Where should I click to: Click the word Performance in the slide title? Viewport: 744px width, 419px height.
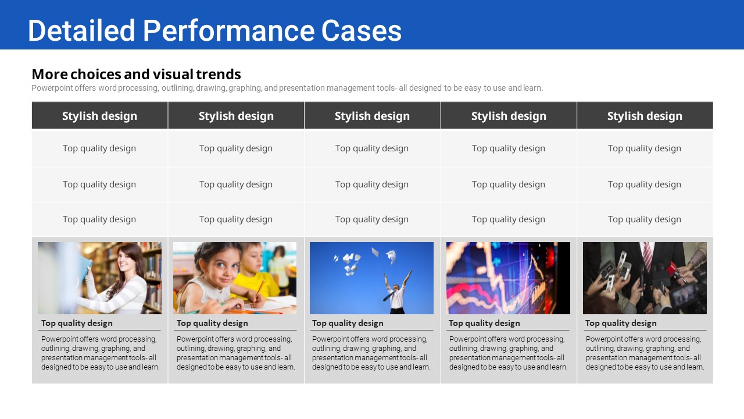click(228, 31)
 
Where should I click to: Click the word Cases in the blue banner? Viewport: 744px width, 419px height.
click(362, 31)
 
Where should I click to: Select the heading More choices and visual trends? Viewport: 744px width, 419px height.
click(136, 74)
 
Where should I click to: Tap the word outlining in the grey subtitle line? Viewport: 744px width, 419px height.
click(178, 88)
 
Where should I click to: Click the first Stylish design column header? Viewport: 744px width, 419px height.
click(99, 116)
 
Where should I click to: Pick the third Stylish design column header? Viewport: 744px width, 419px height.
click(372, 116)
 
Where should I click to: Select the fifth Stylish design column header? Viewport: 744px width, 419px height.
click(645, 116)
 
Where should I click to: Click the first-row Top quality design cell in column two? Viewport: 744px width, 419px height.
click(236, 148)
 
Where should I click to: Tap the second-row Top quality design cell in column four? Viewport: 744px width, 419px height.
click(509, 184)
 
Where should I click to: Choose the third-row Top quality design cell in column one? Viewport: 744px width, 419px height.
click(99, 219)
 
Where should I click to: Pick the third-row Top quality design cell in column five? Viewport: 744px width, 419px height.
click(645, 219)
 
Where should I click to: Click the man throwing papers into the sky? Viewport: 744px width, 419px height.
click(397, 292)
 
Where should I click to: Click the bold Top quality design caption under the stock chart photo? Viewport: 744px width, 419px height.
click(484, 323)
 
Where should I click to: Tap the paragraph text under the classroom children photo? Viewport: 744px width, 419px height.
click(236, 353)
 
